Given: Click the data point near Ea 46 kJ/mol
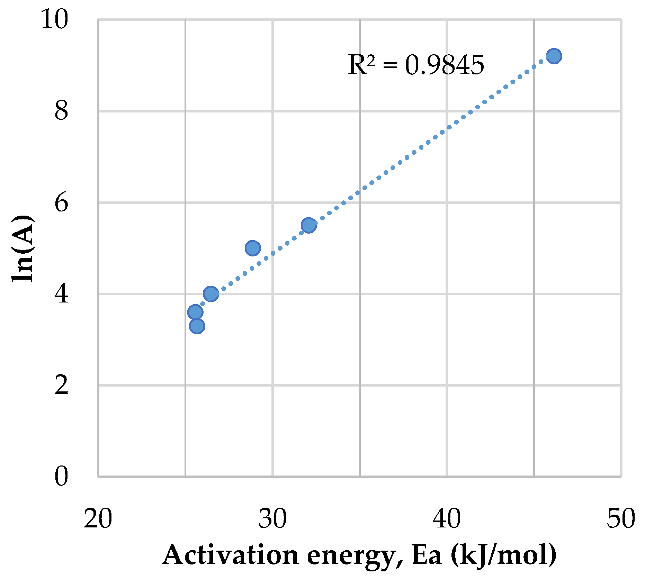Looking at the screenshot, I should point(554,56).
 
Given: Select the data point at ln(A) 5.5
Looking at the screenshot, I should point(308,225).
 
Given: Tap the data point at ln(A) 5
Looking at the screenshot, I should point(253,248).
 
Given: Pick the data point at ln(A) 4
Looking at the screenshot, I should point(211,294).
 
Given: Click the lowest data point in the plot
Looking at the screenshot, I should point(197,326).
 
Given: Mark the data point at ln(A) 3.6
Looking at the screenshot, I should point(195,312).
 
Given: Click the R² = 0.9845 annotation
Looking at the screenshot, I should point(416,65).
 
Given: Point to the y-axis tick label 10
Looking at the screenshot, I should point(54,20).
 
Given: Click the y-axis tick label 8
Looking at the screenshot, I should point(61,111).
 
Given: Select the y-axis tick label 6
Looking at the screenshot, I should point(61,203).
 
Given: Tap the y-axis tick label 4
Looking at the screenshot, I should point(61,294).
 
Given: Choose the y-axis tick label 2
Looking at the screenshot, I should point(61,385).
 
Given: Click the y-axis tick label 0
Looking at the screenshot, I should point(61,477).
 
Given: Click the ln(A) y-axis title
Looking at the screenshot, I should point(23,248).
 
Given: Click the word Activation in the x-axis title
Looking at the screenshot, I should point(230,555).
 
